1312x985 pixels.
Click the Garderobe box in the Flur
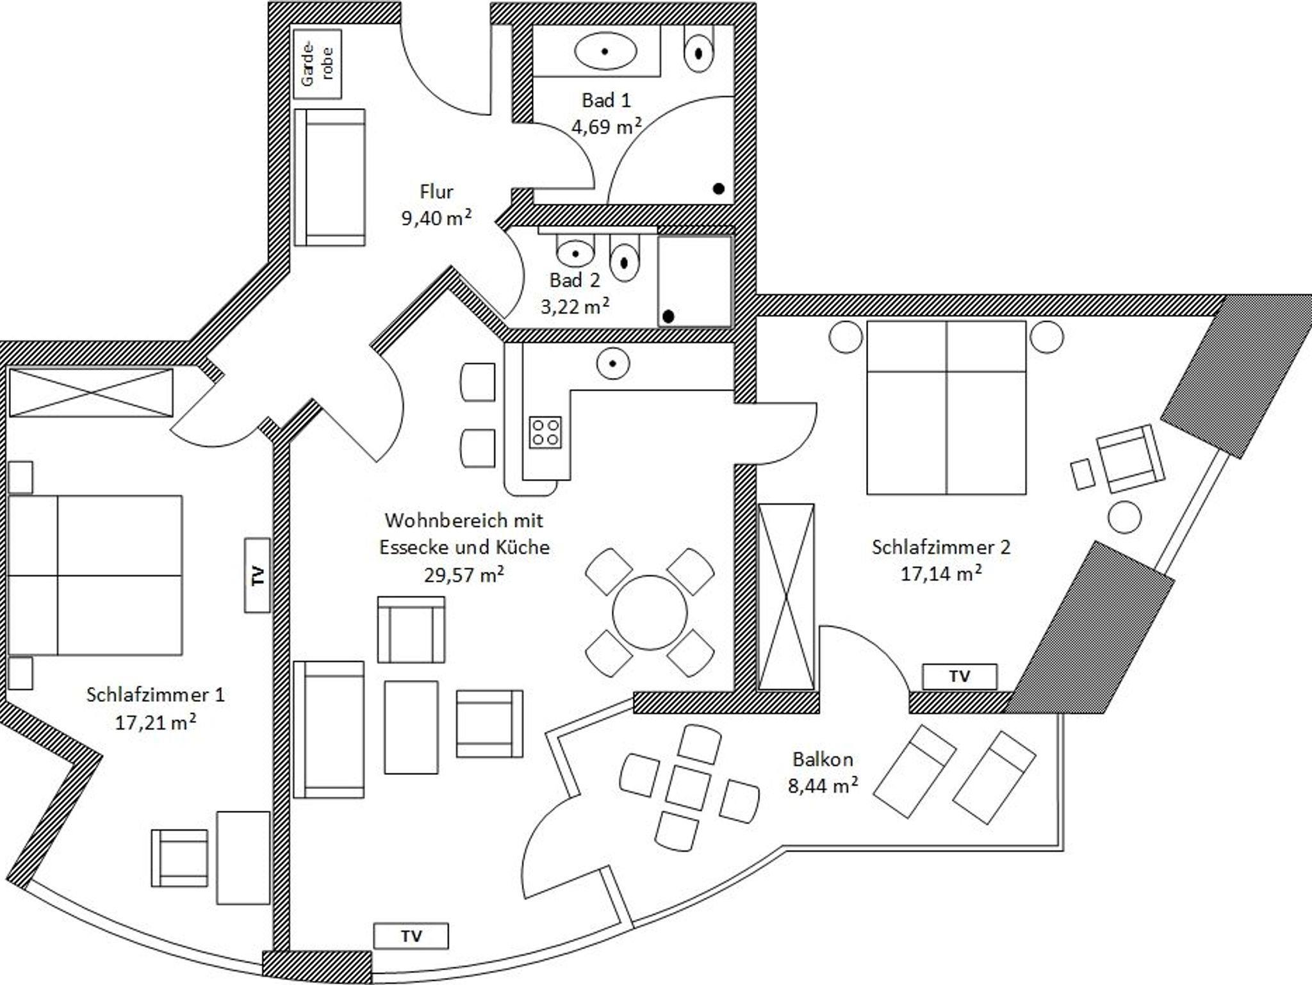click(x=317, y=63)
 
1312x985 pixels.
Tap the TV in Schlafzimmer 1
click(x=258, y=575)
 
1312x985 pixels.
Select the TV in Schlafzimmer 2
click(x=959, y=676)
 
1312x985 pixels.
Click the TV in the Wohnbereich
click(x=411, y=936)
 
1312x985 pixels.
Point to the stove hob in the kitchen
click(x=545, y=432)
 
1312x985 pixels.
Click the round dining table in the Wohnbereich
click(x=650, y=612)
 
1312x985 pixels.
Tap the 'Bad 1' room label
click(x=606, y=101)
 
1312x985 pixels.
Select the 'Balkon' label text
click(x=823, y=760)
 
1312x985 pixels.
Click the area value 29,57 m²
click(x=464, y=574)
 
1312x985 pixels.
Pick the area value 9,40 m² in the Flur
click(x=436, y=218)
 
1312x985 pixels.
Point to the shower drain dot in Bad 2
click(x=668, y=316)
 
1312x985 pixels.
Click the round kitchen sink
click(x=613, y=364)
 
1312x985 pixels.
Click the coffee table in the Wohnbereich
click(x=411, y=727)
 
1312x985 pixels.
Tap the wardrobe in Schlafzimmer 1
click(x=91, y=393)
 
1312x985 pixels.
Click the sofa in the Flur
click(x=331, y=177)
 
